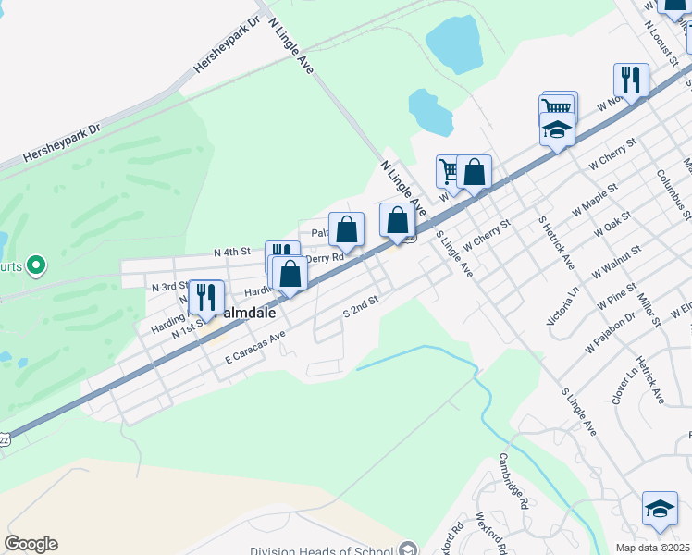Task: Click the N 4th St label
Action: pos(231,252)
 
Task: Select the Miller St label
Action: pos(648,310)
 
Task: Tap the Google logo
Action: pos(31,544)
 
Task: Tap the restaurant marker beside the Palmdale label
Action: pos(206,296)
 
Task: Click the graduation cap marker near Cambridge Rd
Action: pos(660,508)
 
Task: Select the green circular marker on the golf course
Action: pos(36,266)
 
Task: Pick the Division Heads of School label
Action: pos(316,551)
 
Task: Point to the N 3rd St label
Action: pos(170,287)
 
